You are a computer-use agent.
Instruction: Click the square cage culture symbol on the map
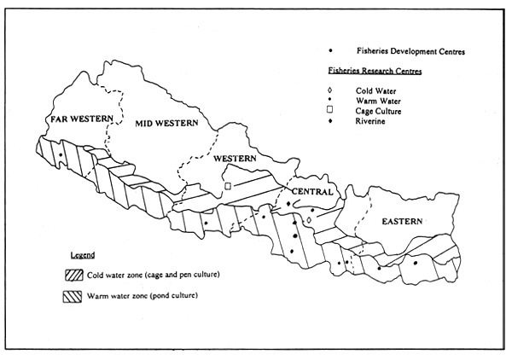[x=228, y=185]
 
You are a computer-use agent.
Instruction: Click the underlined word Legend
[x=83, y=255]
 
